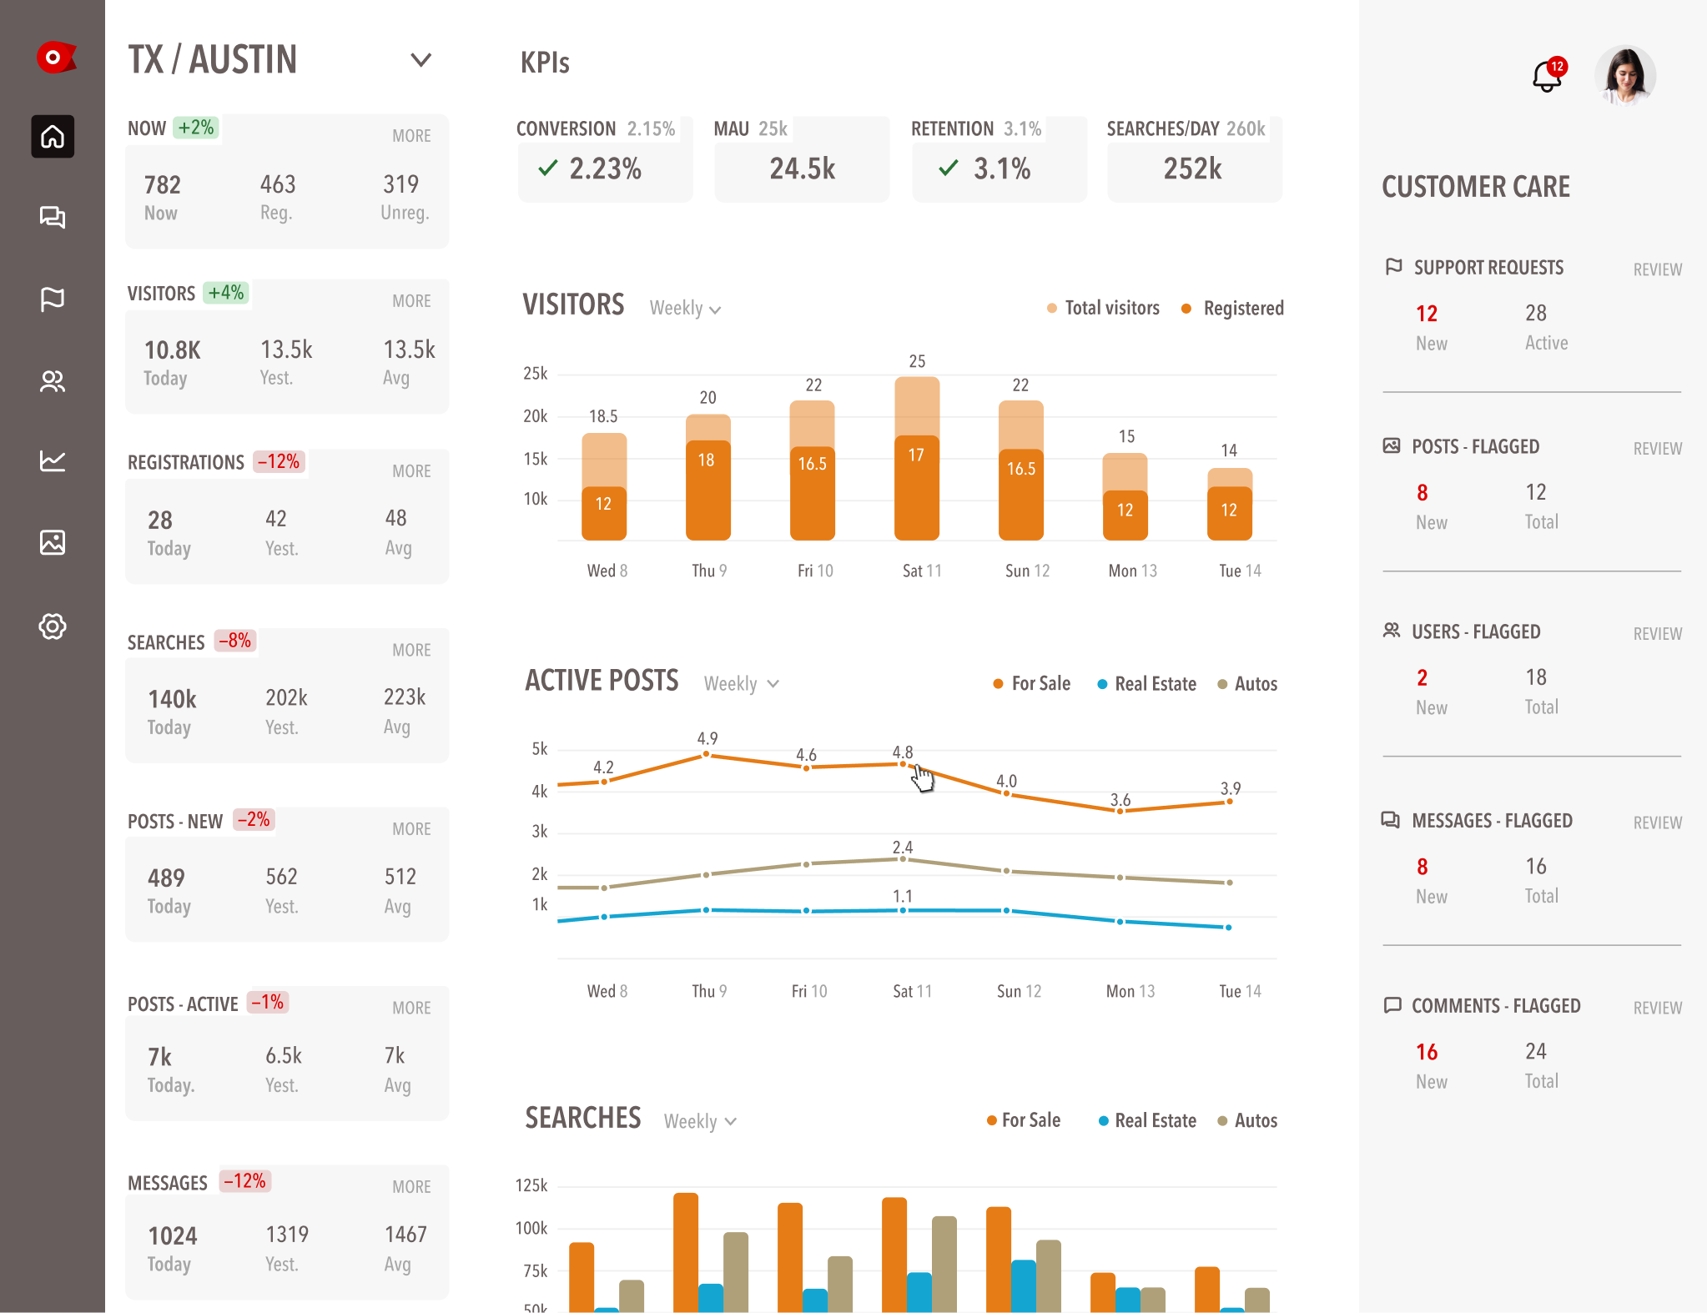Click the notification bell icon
pyautogui.click(x=1546, y=78)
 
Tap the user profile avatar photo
pyautogui.click(x=1624, y=76)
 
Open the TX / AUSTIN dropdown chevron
pyautogui.click(x=421, y=60)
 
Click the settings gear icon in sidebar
pyautogui.click(x=53, y=626)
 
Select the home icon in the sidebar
pyautogui.click(x=53, y=136)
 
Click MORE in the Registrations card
pyautogui.click(x=411, y=471)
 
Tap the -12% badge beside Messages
pyautogui.click(x=244, y=1181)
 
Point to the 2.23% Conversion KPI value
pyautogui.click(x=605, y=169)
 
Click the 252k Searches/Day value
pyautogui.click(x=1192, y=169)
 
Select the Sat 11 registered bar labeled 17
pyautogui.click(x=916, y=488)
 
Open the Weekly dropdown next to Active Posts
pyautogui.click(x=741, y=684)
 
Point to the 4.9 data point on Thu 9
pyautogui.click(x=707, y=754)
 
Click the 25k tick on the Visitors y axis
pyautogui.click(x=535, y=374)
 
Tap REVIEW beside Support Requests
pyautogui.click(x=1657, y=269)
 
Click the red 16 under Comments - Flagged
pyautogui.click(x=1427, y=1052)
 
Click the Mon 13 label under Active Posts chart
pyautogui.click(x=1130, y=991)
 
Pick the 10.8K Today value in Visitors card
pyautogui.click(x=173, y=350)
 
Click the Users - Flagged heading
pyautogui.click(x=1475, y=632)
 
